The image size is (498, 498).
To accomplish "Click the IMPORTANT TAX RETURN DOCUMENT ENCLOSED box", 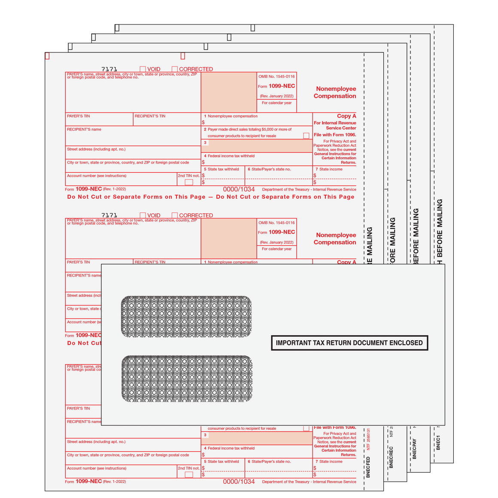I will click(349, 343).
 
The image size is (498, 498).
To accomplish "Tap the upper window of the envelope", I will click(186, 316).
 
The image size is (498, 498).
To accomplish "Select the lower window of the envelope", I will click(186, 379).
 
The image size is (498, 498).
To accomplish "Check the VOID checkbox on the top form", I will click(143, 69).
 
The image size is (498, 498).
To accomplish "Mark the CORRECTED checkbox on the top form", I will click(175, 69).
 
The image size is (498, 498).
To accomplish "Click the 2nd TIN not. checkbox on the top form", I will click(189, 182).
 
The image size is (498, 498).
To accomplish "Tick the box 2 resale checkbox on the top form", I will click(306, 136).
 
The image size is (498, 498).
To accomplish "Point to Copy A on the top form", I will click(346, 116).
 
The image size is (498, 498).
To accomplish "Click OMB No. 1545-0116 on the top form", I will click(276, 76).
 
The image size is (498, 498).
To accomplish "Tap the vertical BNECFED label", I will click(368, 467).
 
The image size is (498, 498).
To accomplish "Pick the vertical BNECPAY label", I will click(414, 449).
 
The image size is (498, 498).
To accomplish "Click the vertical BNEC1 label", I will click(438, 442).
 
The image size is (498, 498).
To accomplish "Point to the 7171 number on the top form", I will click(109, 69).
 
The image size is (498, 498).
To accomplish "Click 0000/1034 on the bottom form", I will click(239, 482).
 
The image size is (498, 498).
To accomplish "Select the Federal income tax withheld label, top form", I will click(231, 156).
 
